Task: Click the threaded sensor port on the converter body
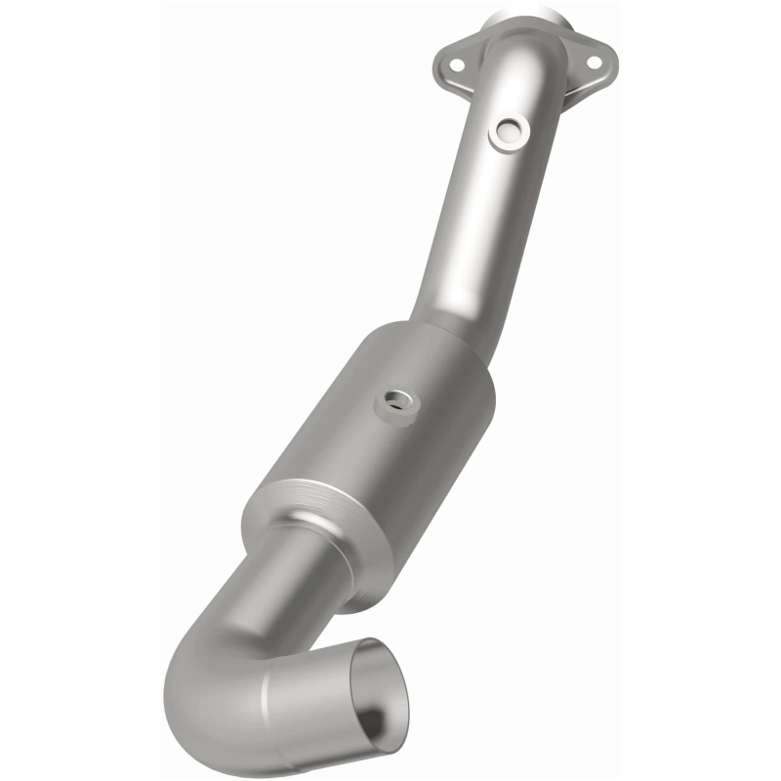tap(398, 398)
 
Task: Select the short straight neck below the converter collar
tap(293, 576)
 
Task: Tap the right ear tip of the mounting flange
tap(612, 61)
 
